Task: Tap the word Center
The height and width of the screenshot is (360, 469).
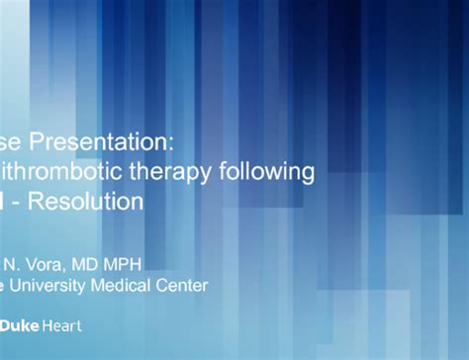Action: coord(183,286)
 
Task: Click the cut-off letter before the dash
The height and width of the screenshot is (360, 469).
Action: coord(5,202)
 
